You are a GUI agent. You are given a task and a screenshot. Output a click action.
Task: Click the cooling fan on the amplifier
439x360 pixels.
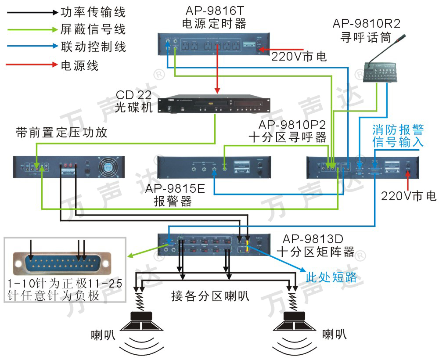tap(110, 167)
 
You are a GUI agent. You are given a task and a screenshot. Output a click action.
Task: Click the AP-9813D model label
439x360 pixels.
tap(313, 239)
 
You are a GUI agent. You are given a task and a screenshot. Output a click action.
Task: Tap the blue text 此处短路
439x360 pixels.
tap(331, 277)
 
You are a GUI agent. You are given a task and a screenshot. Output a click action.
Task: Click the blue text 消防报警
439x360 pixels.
tap(398, 130)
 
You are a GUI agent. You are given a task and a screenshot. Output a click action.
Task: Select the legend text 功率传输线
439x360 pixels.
tap(93, 13)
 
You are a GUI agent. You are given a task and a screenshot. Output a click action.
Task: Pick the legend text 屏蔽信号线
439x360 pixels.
tap(93, 29)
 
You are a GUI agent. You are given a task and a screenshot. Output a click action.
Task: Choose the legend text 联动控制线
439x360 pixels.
tap(93, 47)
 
